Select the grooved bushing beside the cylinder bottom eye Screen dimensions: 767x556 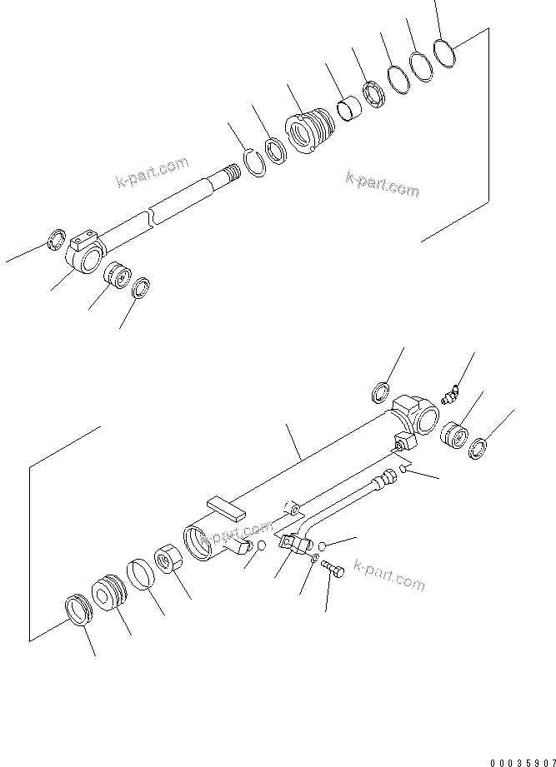[454, 435]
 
